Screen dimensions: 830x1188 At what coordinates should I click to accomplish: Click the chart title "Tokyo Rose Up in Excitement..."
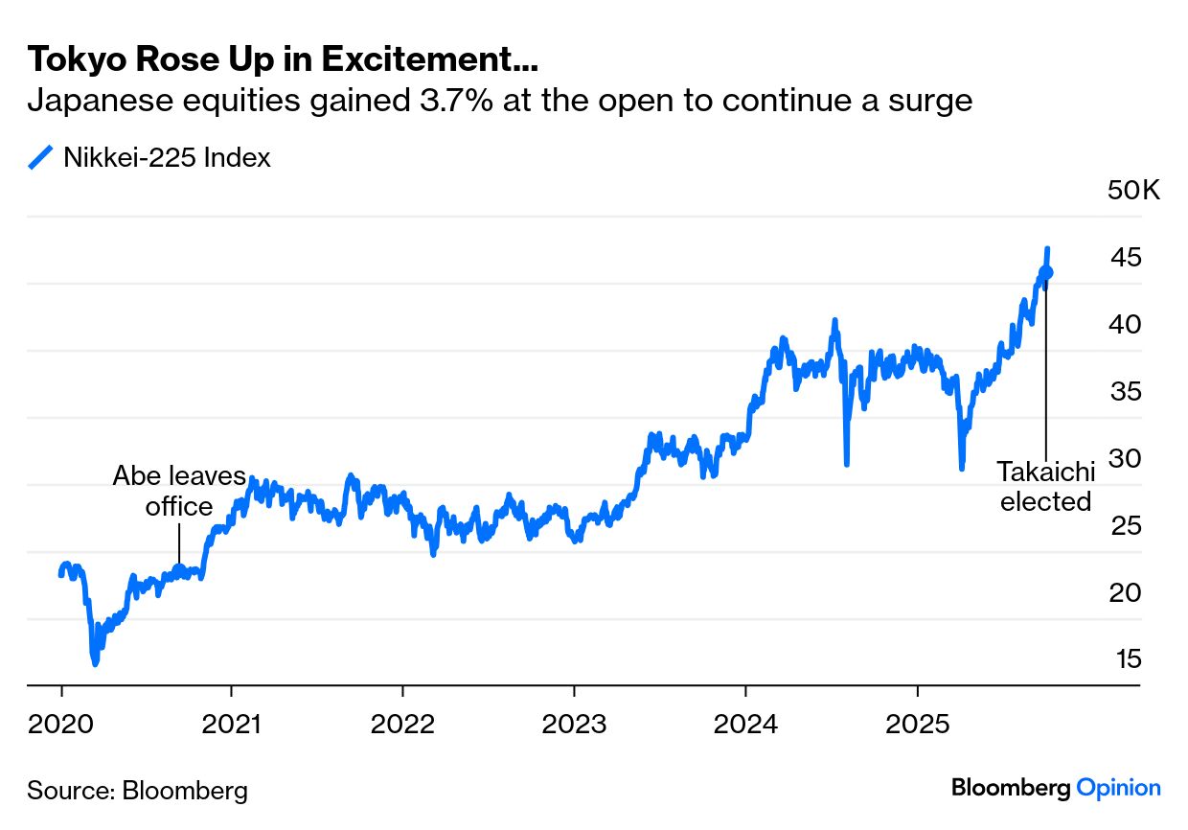[283, 59]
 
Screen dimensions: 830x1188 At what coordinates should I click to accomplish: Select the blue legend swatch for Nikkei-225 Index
[41, 157]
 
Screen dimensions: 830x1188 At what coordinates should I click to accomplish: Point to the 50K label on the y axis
[1132, 190]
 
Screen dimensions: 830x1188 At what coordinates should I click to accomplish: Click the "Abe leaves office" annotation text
[179, 491]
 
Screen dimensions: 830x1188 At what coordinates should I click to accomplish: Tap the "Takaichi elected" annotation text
[1045, 486]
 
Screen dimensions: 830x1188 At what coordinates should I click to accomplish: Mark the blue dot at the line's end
[1047, 273]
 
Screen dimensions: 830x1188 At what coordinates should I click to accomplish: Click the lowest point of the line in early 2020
[95, 662]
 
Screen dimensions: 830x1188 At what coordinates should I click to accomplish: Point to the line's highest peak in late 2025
[1048, 248]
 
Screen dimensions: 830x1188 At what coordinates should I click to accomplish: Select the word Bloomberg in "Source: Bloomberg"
[185, 791]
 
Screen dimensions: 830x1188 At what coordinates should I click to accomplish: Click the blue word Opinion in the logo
[1119, 788]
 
